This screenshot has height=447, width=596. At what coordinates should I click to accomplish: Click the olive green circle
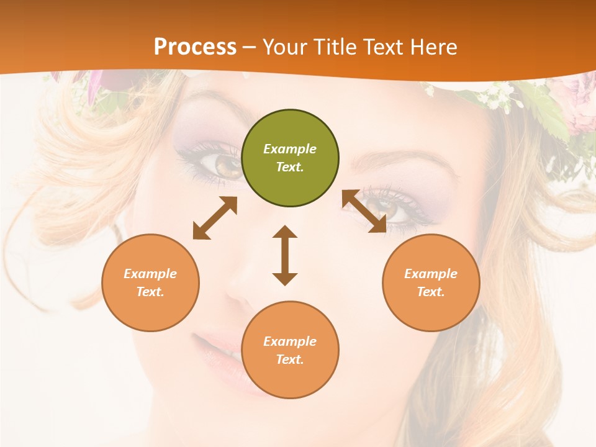(x=290, y=158)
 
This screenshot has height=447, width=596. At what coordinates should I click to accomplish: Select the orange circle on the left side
(x=150, y=282)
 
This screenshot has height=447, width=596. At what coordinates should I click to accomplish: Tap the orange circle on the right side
(x=431, y=282)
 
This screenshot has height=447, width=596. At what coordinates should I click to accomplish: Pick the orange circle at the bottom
(x=290, y=350)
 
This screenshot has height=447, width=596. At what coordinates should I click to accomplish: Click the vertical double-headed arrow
(x=285, y=255)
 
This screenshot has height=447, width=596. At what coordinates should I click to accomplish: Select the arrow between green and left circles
(x=215, y=218)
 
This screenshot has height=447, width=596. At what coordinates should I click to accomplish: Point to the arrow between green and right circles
(x=364, y=211)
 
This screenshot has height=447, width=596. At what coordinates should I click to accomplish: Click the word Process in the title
(x=195, y=47)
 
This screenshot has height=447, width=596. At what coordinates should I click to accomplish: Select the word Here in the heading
(x=435, y=47)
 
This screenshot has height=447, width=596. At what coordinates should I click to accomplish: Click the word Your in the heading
(x=283, y=47)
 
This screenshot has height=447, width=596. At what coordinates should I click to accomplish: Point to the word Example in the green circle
(x=290, y=149)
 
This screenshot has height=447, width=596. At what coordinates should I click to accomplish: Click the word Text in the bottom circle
(x=289, y=359)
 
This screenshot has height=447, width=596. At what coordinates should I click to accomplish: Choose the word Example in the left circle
(x=150, y=274)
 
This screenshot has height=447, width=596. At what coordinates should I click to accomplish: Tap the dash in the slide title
(x=250, y=47)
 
